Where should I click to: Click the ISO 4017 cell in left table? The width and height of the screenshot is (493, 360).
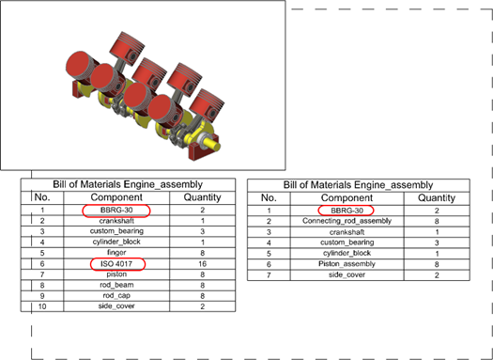click(116, 264)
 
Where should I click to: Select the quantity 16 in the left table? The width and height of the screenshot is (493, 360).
click(202, 264)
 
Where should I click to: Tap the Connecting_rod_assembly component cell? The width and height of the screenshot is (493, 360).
click(347, 221)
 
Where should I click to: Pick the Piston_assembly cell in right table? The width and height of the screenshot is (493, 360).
click(347, 264)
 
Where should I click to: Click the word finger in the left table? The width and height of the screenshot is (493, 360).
click(116, 253)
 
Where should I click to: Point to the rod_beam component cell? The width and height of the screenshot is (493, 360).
click(116, 285)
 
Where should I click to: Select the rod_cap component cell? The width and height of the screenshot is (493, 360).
click(116, 296)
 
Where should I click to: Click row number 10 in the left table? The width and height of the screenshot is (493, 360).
click(42, 306)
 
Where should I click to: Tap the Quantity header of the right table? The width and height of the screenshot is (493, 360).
click(437, 198)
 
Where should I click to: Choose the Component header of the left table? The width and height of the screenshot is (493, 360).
click(116, 197)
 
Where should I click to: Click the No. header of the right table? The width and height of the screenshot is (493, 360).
click(269, 198)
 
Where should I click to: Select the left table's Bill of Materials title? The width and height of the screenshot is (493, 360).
click(128, 184)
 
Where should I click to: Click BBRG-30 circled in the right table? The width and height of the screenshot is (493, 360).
click(346, 211)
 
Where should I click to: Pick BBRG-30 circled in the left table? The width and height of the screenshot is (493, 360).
click(116, 211)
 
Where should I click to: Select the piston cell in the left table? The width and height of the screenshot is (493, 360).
click(116, 274)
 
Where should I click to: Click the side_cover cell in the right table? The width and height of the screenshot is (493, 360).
click(347, 275)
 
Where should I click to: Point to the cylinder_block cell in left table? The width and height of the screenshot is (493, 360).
click(116, 242)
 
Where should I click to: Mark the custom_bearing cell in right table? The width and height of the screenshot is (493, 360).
click(347, 243)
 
